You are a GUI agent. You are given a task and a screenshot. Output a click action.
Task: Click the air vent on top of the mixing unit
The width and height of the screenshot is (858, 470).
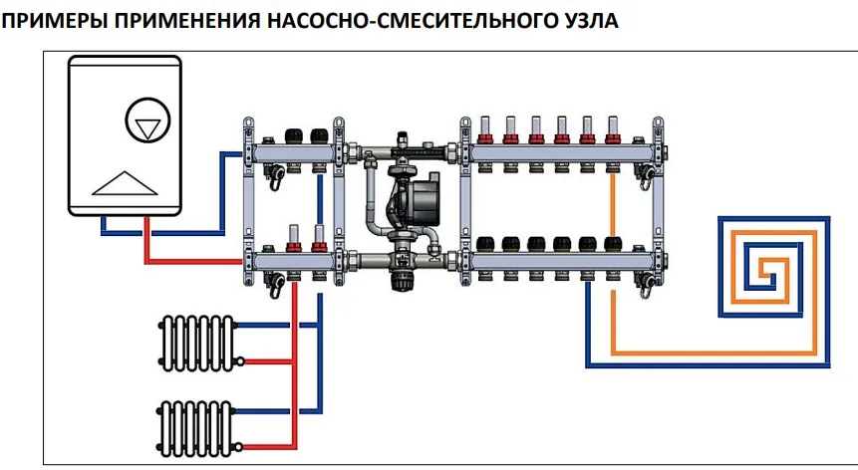(x=403, y=140)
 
